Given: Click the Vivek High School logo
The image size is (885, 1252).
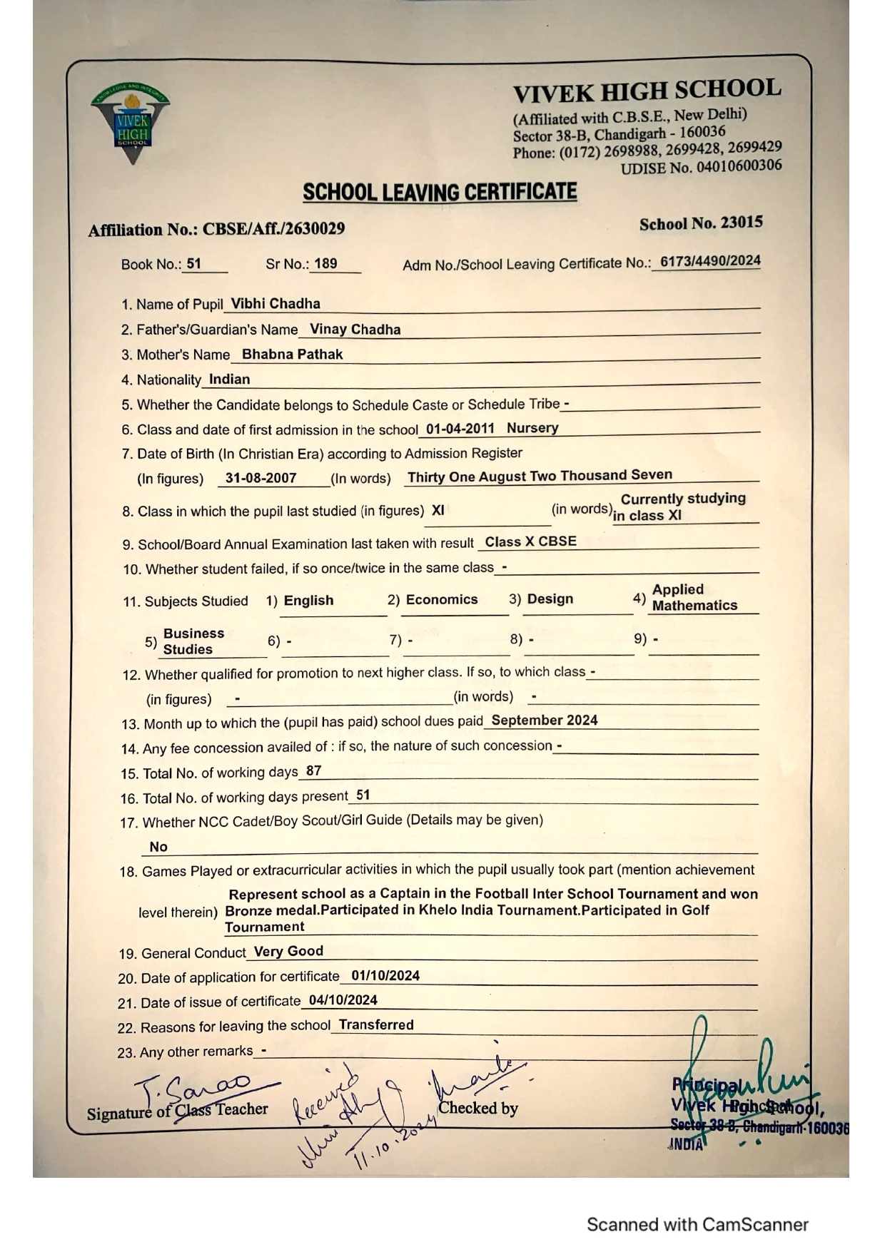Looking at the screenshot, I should (x=131, y=123).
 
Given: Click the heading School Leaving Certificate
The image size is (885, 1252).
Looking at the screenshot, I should (x=440, y=192).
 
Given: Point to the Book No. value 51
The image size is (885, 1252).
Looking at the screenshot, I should (x=193, y=263).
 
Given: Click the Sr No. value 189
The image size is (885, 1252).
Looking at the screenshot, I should (x=325, y=263).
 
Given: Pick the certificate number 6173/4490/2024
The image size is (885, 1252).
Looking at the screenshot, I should (x=709, y=261).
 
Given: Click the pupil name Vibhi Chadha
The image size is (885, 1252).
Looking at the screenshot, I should (x=275, y=303).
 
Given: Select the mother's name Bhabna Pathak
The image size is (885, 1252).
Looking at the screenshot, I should (x=292, y=354).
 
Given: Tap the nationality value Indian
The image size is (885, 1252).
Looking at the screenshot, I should (x=229, y=379).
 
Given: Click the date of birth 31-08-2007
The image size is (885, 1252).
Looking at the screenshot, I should (x=261, y=478).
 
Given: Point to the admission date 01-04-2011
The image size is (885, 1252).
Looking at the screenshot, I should (x=460, y=429).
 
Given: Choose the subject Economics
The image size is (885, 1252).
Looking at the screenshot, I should (x=441, y=599).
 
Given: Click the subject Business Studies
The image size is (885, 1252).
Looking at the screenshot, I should (x=193, y=641).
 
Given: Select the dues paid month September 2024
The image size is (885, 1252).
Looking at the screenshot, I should (x=544, y=720).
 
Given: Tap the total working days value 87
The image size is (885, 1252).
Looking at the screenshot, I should (x=313, y=770).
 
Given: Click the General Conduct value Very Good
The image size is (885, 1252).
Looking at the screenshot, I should (x=288, y=951).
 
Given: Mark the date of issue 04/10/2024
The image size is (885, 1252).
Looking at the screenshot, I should (x=343, y=1000).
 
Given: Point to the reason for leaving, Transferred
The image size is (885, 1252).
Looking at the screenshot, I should (x=376, y=1024).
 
